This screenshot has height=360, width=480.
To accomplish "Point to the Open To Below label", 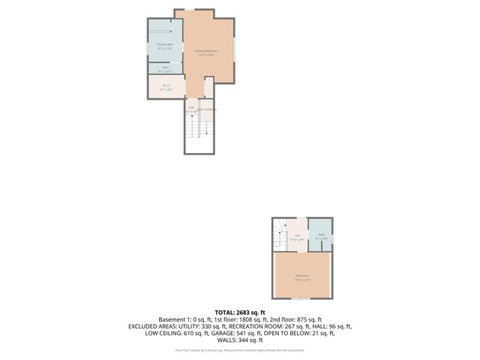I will pos(207,109).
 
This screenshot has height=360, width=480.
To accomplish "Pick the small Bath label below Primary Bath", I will pos(166,68).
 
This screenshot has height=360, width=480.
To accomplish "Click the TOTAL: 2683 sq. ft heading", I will pos(240,312).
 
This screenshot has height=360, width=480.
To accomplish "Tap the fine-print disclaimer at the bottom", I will pos(240,349).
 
